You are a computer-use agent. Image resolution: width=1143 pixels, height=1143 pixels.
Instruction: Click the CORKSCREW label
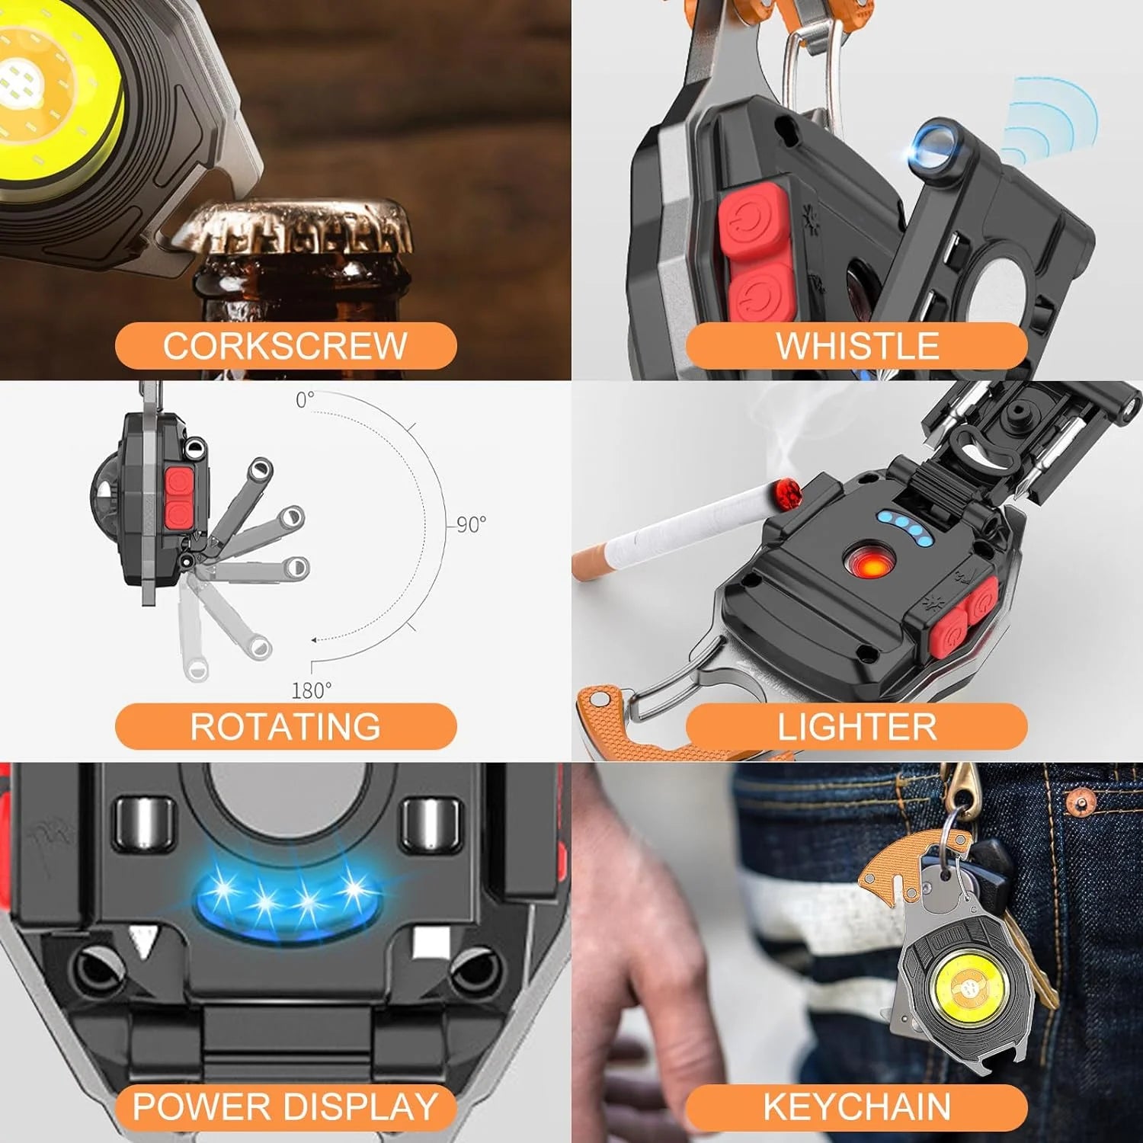click(x=286, y=346)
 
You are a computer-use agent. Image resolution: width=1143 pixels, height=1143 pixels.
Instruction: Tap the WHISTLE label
click(x=856, y=346)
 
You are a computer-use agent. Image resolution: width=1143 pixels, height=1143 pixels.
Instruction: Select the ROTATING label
click(x=286, y=726)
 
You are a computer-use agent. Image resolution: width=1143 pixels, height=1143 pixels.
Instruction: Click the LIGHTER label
click(x=856, y=726)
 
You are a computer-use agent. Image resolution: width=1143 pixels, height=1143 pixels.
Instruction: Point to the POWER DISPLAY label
click(x=286, y=1106)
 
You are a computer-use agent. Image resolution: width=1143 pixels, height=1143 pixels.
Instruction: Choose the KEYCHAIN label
click(x=856, y=1106)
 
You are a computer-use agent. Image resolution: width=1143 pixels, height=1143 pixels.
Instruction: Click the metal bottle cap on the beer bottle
click(x=297, y=229)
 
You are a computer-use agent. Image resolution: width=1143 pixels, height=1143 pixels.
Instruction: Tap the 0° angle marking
click(x=305, y=400)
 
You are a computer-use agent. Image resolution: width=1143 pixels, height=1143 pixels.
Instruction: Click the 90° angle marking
click(x=471, y=524)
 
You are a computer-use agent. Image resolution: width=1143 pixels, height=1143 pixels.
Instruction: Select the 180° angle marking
click(x=312, y=690)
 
